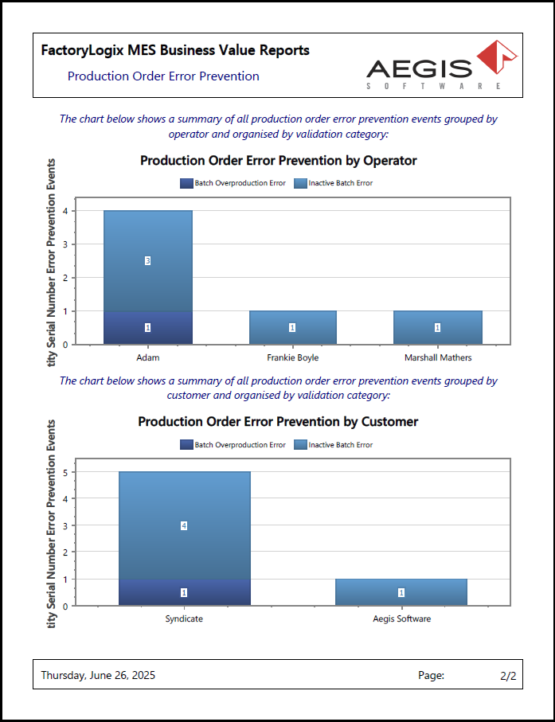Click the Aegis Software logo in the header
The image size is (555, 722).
440,66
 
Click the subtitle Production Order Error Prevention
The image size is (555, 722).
163,76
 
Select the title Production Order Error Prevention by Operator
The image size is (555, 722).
278,160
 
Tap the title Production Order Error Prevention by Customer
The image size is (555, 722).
278,421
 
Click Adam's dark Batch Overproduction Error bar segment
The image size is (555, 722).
147,327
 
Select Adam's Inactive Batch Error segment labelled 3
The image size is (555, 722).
147,260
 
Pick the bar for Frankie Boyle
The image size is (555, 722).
292,327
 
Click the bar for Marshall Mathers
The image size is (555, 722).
437,327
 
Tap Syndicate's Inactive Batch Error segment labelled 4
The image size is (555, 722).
184,525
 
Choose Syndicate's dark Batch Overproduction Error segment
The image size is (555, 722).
184,592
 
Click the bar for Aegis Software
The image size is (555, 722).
401,592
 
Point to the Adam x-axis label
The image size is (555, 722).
147,358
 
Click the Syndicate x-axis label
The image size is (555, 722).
184,619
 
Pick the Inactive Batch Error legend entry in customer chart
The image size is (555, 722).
334,444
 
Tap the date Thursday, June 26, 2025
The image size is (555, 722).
98,675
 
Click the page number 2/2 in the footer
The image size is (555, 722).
508,675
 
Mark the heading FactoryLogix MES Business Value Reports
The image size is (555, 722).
175,50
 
